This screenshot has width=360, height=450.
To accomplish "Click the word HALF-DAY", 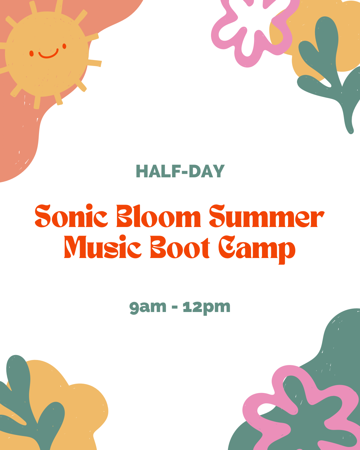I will (180, 171).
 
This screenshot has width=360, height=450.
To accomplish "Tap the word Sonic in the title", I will (71, 217).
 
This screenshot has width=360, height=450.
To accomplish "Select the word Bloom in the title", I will (159, 217).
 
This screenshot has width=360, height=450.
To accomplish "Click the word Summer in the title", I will (266, 217).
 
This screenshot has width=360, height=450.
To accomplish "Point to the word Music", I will (102, 247).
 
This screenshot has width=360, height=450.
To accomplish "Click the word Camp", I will (257, 248).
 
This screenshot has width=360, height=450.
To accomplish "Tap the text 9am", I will (148, 307).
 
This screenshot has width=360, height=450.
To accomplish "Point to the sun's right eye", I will (64, 46).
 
